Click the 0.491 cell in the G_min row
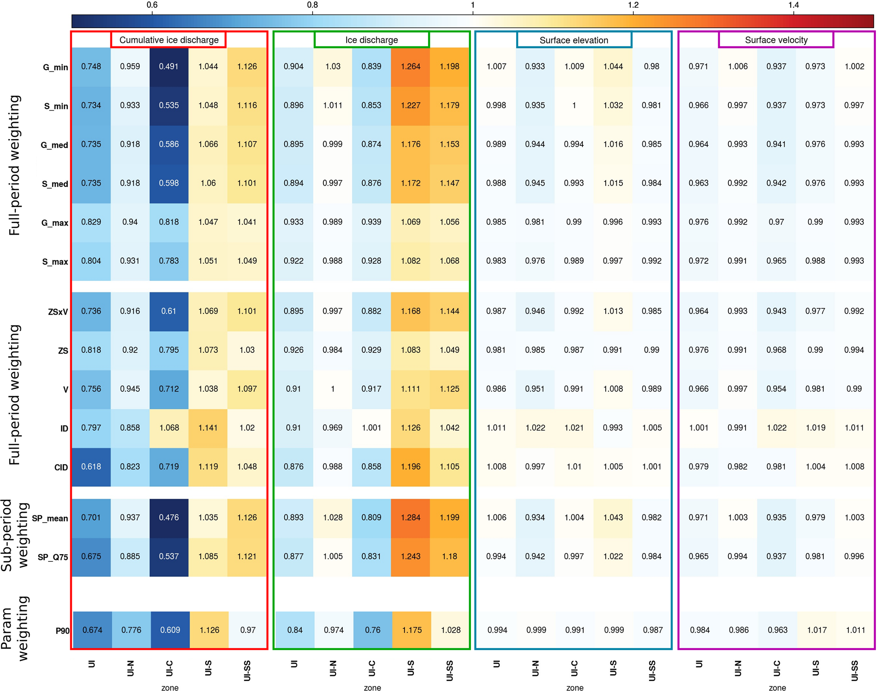[x=169, y=66]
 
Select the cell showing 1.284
[x=410, y=518]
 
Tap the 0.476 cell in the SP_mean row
[x=169, y=518]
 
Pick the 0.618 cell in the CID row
[x=91, y=467]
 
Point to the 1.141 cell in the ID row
[x=208, y=428]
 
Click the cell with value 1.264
[x=410, y=66]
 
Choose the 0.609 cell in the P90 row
[x=170, y=630]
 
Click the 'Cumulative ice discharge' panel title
[x=169, y=40]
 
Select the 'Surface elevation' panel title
[x=573, y=40]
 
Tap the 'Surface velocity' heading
[x=776, y=40]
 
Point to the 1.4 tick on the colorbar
[x=793, y=5]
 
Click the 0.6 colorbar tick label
[x=152, y=5]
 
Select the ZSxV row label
[x=58, y=312]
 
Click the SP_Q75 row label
[x=53, y=557]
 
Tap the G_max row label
[x=54, y=223]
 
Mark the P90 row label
[x=62, y=631]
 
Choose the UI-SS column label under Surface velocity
[x=854, y=670]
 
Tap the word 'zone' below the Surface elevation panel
[x=574, y=688]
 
